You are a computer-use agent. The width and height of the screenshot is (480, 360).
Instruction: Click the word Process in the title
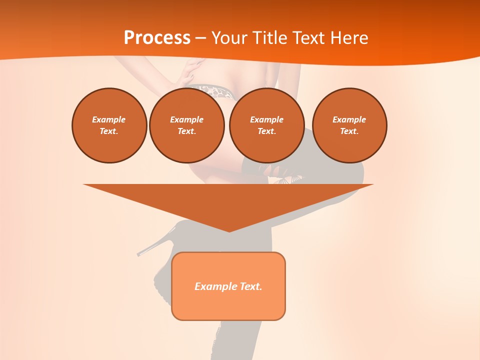click(x=157, y=38)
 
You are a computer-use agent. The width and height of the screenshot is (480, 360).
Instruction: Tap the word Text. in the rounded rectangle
click(x=251, y=286)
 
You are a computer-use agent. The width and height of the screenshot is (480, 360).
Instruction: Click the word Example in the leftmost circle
click(x=109, y=119)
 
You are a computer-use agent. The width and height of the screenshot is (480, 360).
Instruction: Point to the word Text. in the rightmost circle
click(x=349, y=131)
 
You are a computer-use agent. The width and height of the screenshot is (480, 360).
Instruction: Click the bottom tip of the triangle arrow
click(x=229, y=230)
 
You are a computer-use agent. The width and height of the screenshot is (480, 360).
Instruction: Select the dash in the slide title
click(x=200, y=38)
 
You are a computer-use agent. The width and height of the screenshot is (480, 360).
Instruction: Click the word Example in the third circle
click(x=266, y=119)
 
